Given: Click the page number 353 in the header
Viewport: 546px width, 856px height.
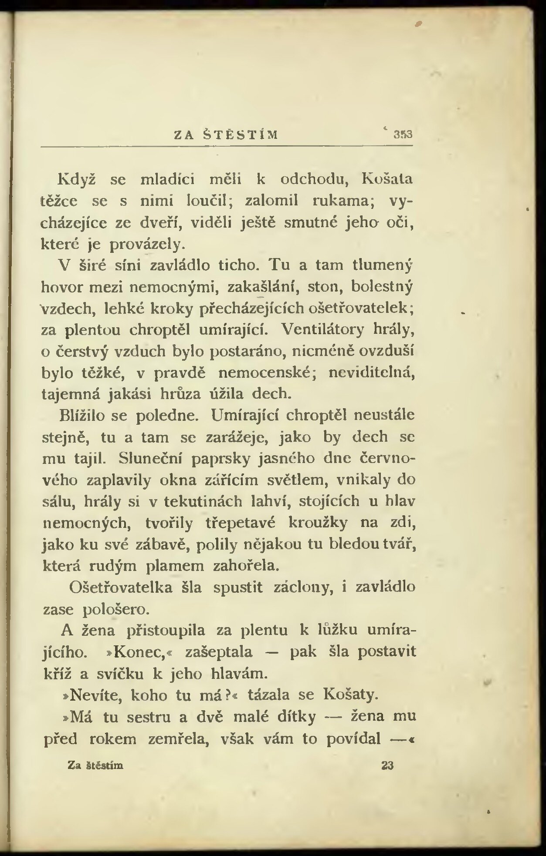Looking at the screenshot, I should (403, 134).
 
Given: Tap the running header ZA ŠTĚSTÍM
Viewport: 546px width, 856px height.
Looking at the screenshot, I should (226, 134).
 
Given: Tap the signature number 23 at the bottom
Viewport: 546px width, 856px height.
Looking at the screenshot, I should (387, 765).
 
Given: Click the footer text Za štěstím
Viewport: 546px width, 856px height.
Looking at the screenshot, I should (95, 765).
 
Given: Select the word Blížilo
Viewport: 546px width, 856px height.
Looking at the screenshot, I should (82, 416).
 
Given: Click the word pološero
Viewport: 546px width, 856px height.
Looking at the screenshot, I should (116, 609).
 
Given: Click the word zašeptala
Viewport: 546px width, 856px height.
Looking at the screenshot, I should (219, 652).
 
